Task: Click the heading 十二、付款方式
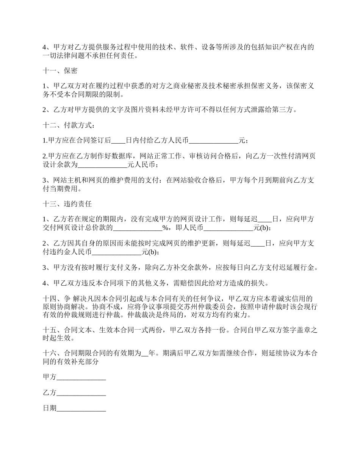(67, 125)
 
